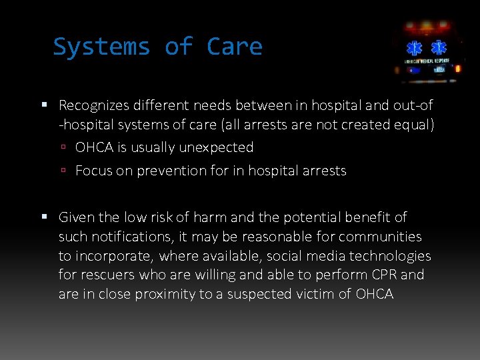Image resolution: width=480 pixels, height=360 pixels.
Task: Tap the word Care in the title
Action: pyautogui.click(x=235, y=47)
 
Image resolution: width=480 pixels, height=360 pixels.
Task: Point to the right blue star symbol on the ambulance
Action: pyautogui.click(x=439, y=49)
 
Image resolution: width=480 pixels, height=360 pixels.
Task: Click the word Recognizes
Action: pyautogui.click(x=93, y=105)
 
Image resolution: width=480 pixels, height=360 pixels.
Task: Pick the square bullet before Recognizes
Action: pyautogui.click(x=45, y=105)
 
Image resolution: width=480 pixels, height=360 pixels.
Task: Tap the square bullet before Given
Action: pyautogui.click(x=45, y=217)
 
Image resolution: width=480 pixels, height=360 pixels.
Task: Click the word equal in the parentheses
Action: pyautogui.click(x=414, y=125)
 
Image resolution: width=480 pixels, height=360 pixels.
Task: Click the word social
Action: pyautogui.click(x=291, y=256)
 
